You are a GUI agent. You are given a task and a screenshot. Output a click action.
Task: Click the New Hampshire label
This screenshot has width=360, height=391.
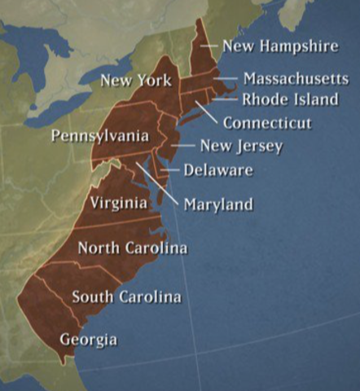[279, 46]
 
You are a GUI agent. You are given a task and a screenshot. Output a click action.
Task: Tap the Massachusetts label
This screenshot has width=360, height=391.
[296, 79]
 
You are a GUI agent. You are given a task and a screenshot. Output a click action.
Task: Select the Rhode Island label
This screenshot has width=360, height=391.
[289, 99]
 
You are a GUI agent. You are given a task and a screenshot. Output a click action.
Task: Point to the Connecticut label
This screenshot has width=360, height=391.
[267, 123]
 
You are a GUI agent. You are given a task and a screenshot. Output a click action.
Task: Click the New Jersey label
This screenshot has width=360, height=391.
[241, 147]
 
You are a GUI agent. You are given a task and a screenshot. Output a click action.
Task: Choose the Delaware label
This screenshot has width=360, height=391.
[217, 170]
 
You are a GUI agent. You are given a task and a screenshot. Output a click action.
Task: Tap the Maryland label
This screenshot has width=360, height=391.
[218, 204]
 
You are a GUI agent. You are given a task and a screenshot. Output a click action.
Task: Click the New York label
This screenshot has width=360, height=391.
[136, 81]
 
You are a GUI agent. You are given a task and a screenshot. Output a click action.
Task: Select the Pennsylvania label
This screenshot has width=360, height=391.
[99, 135]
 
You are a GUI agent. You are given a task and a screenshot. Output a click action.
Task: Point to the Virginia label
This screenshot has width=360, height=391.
[119, 203]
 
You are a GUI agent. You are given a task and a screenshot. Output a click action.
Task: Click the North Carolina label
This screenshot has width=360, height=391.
[132, 248]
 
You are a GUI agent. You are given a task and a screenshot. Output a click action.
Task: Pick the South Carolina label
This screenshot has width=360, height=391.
[126, 297]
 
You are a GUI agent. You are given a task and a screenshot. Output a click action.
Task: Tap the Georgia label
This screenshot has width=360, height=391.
[88, 340]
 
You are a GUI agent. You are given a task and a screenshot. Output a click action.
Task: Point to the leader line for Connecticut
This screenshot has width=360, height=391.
[206, 112]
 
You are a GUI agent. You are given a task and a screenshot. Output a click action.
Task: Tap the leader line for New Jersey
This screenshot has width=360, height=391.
[185, 147]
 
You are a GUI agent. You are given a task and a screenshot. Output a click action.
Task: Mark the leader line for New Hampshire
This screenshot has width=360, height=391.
[210, 45]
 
